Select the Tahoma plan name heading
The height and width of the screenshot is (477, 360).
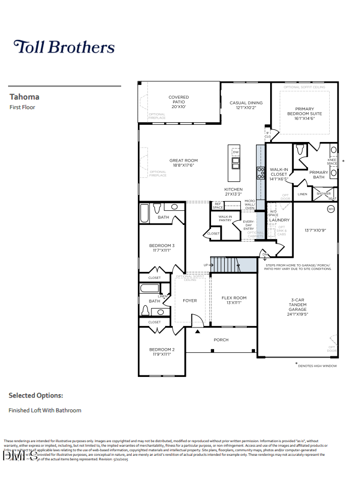point(24,97)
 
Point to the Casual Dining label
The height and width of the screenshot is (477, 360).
point(246,103)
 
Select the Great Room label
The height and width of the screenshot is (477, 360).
point(183,161)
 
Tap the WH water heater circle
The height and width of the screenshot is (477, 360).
point(331,209)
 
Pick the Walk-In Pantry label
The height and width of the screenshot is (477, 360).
point(225,218)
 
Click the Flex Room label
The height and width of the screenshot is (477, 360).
point(234,298)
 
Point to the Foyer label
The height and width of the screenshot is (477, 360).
point(190,301)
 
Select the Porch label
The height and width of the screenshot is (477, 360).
point(221,340)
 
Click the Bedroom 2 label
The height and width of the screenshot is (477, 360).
point(162,349)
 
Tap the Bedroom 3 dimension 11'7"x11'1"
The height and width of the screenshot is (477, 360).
point(162,250)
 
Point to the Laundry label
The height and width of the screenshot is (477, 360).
point(279,220)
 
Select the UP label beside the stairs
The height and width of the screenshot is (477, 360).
point(205,265)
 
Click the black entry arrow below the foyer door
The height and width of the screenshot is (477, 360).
point(197,331)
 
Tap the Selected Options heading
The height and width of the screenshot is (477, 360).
point(36,396)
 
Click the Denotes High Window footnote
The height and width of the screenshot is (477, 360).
point(317,365)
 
